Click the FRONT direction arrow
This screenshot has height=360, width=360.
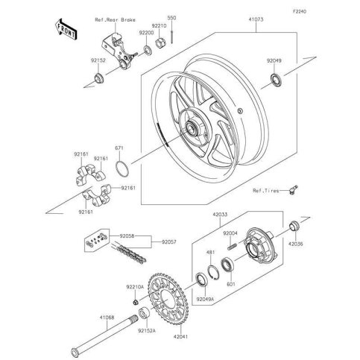[x=66, y=29]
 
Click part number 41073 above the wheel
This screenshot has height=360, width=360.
[x=256, y=19]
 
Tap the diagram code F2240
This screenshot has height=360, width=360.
[x=300, y=11]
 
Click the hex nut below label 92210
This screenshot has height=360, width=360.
[x=160, y=42]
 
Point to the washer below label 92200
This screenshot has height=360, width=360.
[x=147, y=50]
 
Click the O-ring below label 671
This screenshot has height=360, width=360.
[x=122, y=169]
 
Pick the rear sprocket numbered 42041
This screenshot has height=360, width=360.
[x=168, y=298]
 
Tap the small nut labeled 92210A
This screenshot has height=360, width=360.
[x=135, y=302]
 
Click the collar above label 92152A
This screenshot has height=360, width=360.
[x=145, y=313]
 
